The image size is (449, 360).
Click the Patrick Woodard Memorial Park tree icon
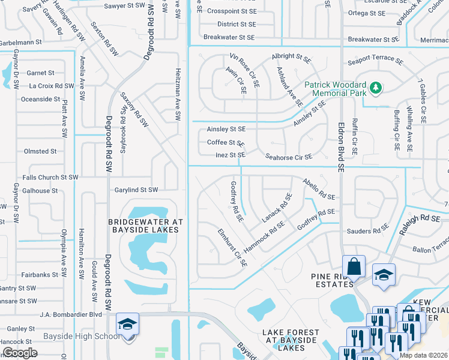click(x=376, y=88)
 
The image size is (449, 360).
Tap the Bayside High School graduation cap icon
click(x=128, y=324)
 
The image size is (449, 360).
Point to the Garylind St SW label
click(x=137, y=190)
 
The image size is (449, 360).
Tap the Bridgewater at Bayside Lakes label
click(x=145, y=226)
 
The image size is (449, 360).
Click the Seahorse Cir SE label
click(x=289, y=157)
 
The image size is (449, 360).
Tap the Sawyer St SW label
click(x=125, y=5)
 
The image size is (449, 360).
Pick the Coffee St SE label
click(x=225, y=143)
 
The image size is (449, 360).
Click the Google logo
click(x=20, y=353)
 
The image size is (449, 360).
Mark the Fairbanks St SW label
click(x=41, y=275)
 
